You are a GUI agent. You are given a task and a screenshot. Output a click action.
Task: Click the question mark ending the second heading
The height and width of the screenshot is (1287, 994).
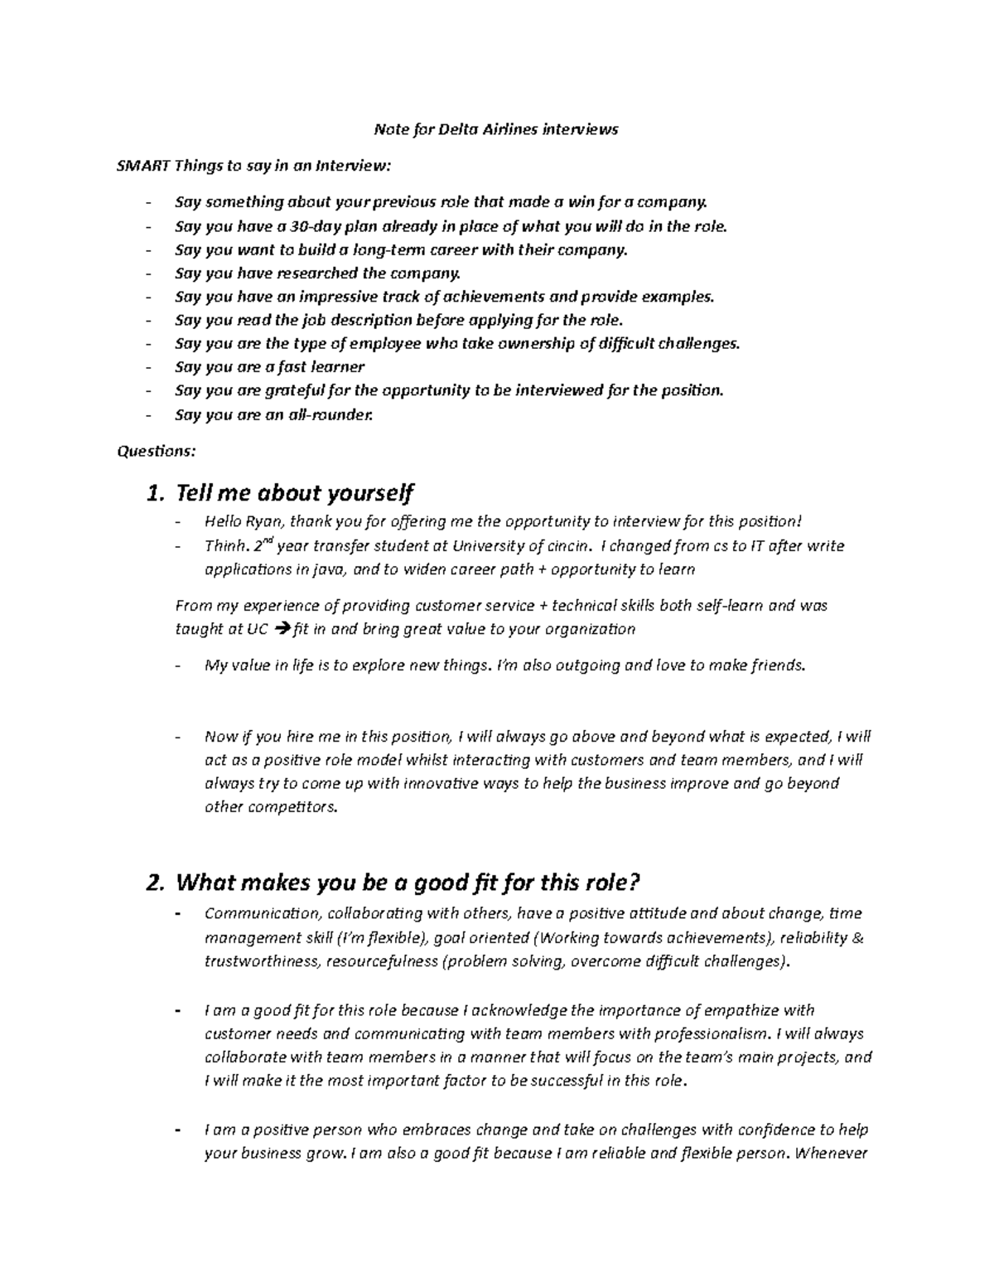click(635, 883)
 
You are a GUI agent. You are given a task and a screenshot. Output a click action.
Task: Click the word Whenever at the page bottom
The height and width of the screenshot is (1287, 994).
click(830, 1154)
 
